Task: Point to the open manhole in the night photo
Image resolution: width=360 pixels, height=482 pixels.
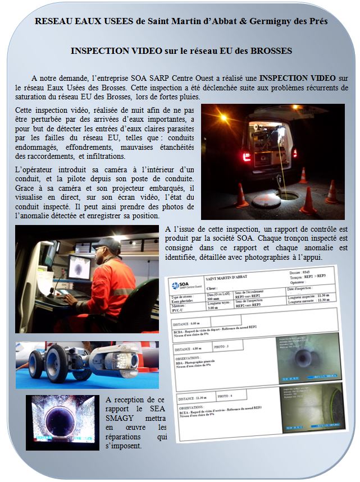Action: click(289, 196)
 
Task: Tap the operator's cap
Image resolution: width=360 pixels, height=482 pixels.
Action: click(107, 243)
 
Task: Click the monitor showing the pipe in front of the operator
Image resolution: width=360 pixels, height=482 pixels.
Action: click(79, 269)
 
